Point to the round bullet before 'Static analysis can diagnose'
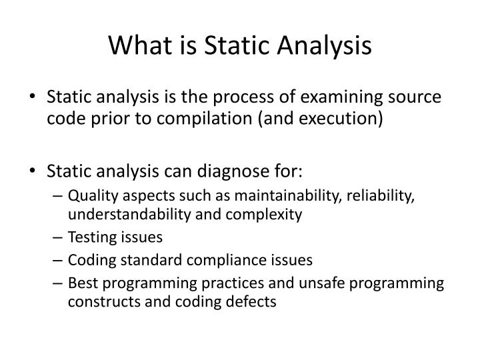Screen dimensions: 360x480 (x=35, y=172)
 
